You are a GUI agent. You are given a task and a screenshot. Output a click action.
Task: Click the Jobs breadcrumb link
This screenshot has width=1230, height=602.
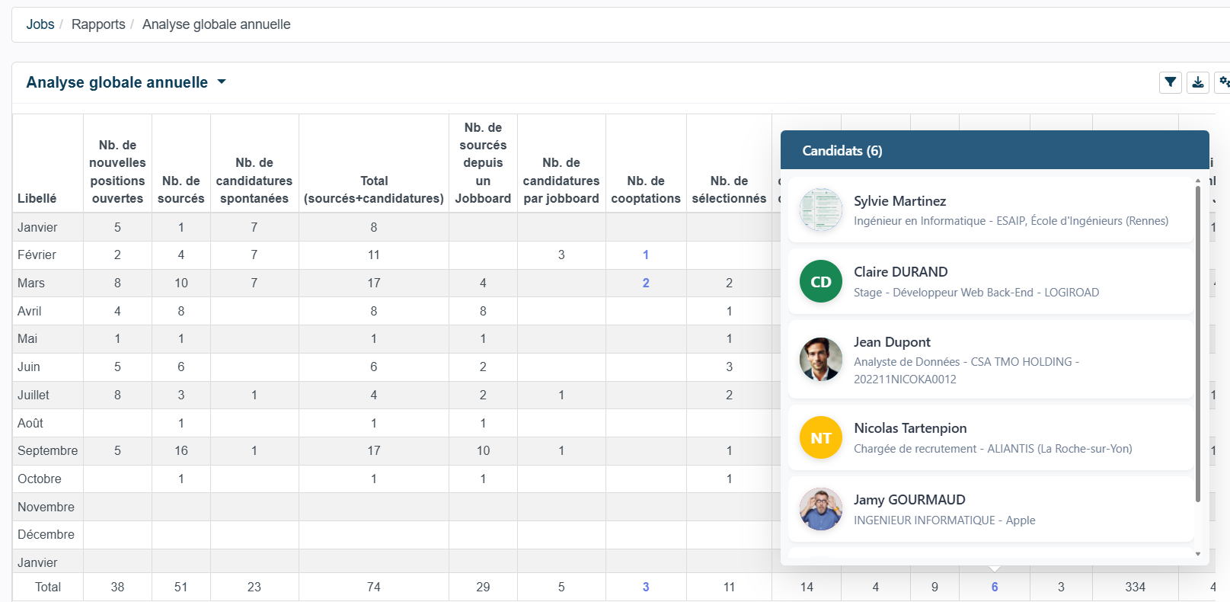40,24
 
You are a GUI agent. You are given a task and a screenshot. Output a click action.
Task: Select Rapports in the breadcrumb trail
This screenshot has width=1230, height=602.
98,24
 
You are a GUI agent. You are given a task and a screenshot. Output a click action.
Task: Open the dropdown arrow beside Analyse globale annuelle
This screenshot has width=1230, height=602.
222,82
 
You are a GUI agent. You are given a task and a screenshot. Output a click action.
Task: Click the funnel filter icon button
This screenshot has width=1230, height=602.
1170,82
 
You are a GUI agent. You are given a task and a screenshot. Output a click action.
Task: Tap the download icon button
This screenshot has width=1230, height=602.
1197,82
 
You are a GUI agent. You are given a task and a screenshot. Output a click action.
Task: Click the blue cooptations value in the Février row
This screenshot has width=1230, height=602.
646,255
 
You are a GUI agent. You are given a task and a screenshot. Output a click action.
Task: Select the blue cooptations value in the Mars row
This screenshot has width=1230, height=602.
646,283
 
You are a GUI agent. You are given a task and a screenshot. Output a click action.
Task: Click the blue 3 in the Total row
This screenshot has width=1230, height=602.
646,588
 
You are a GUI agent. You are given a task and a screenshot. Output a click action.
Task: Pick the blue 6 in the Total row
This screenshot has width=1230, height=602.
995,588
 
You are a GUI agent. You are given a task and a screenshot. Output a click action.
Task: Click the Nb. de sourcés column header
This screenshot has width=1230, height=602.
181,190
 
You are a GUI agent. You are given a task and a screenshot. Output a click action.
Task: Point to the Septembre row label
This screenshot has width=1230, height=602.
48,450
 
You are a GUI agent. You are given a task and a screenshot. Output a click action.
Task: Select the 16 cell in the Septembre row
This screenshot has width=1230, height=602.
181,450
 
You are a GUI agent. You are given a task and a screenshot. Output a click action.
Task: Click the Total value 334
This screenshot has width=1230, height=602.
1135,588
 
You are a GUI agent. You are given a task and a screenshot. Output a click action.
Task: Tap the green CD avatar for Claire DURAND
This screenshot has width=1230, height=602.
821,282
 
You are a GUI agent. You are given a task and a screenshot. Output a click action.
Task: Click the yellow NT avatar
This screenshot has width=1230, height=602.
821,437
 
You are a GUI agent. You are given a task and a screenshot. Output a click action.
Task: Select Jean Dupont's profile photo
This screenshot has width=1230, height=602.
821,359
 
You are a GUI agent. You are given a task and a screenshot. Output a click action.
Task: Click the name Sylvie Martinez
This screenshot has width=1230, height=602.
900,201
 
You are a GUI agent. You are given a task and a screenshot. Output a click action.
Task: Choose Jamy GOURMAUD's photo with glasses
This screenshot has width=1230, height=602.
821,509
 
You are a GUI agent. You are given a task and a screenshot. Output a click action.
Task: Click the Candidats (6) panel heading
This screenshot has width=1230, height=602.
842,151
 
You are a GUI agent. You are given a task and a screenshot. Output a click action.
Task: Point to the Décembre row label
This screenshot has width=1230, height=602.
46,534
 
